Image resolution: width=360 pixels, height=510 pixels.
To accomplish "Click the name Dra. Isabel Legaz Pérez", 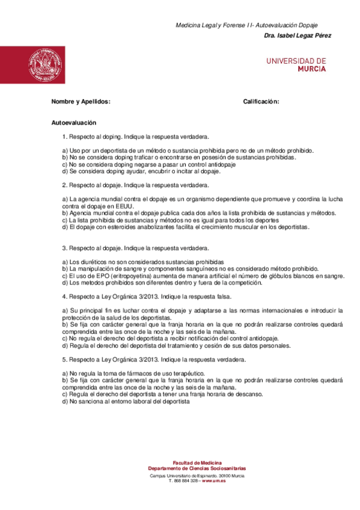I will coord(297,36).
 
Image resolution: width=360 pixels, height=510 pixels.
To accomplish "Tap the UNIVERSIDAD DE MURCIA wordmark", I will coord(296,64).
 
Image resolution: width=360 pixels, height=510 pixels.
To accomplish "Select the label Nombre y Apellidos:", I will coord(81,102).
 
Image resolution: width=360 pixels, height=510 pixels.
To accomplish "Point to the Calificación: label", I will coord(261,102).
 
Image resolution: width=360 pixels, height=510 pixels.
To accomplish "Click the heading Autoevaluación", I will coord(74,123).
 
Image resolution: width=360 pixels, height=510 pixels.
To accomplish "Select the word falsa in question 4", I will coord(224,296).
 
